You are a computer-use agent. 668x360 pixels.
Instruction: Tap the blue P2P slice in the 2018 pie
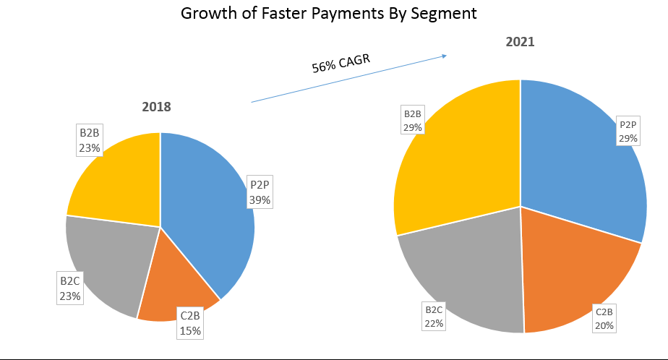click(x=206, y=217)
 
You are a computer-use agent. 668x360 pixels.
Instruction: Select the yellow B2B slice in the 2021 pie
click(x=455, y=166)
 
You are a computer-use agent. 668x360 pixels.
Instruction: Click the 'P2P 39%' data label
click(x=260, y=192)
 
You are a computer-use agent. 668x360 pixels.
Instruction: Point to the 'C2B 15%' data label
click(x=191, y=322)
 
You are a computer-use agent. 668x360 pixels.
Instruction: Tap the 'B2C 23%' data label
click(x=70, y=287)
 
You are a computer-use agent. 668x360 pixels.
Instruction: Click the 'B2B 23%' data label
click(x=90, y=140)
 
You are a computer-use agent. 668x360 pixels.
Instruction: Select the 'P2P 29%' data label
click(x=628, y=131)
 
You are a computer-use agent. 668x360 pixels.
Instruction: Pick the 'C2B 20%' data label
click(x=604, y=319)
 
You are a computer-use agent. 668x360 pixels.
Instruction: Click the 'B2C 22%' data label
click(x=434, y=317)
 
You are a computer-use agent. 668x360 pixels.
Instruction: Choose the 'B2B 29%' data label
click(x=413, y=121)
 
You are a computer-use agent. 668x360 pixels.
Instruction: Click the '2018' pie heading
click(x=156, y=107)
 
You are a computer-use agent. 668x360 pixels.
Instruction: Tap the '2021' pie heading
click(x=520, y=42)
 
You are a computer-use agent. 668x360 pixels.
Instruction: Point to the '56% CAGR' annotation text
click(x=341, y=63)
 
